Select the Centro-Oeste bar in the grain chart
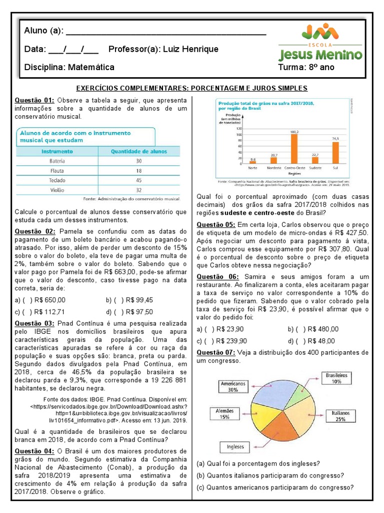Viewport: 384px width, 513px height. pyautogui.click(x=294, y=149)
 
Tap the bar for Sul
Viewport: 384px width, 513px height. pyautogui.click(x=335, y=153)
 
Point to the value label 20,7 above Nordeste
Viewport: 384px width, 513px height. pyautogui.click(x=273, y=155)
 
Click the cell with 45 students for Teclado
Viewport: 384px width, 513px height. pyautogui.click(x=138, y=180)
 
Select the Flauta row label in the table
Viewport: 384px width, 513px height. pyautogui.click(x=57, y=170)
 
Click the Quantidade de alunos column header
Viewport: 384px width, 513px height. pyautogui.click(x=138, y=150)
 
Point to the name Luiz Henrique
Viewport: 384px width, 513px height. pyautogui.click(x=190, y=49)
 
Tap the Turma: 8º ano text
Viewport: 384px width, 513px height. pyautogui.click(x=306, y=67)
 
